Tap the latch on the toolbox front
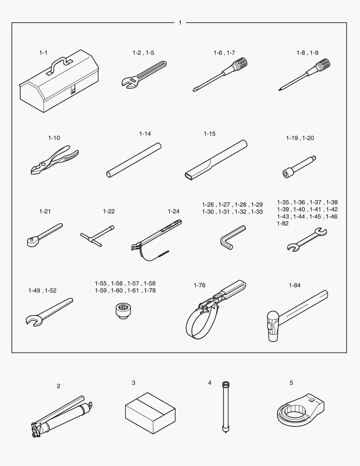point(73,90)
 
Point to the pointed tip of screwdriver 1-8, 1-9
point(279,90)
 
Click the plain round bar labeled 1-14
point(134,160)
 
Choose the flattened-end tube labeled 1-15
point(216,159)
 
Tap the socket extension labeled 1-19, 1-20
point(299,167)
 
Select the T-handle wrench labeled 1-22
point(97,236)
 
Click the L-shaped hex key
point(232,237)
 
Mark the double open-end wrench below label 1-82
point(307,239)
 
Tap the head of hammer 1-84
point(272,326)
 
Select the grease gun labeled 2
point(62,416)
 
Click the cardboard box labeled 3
point(150,413)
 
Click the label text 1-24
point(173,211)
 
